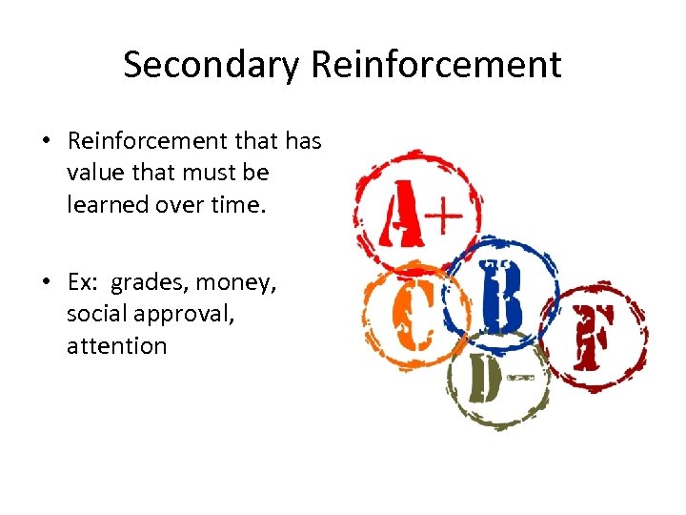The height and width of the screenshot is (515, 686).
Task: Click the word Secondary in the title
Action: [x=211, y=65]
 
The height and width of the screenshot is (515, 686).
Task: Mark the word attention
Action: [x=116, y=345]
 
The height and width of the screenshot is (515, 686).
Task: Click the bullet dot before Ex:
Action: [x=46, y=282]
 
